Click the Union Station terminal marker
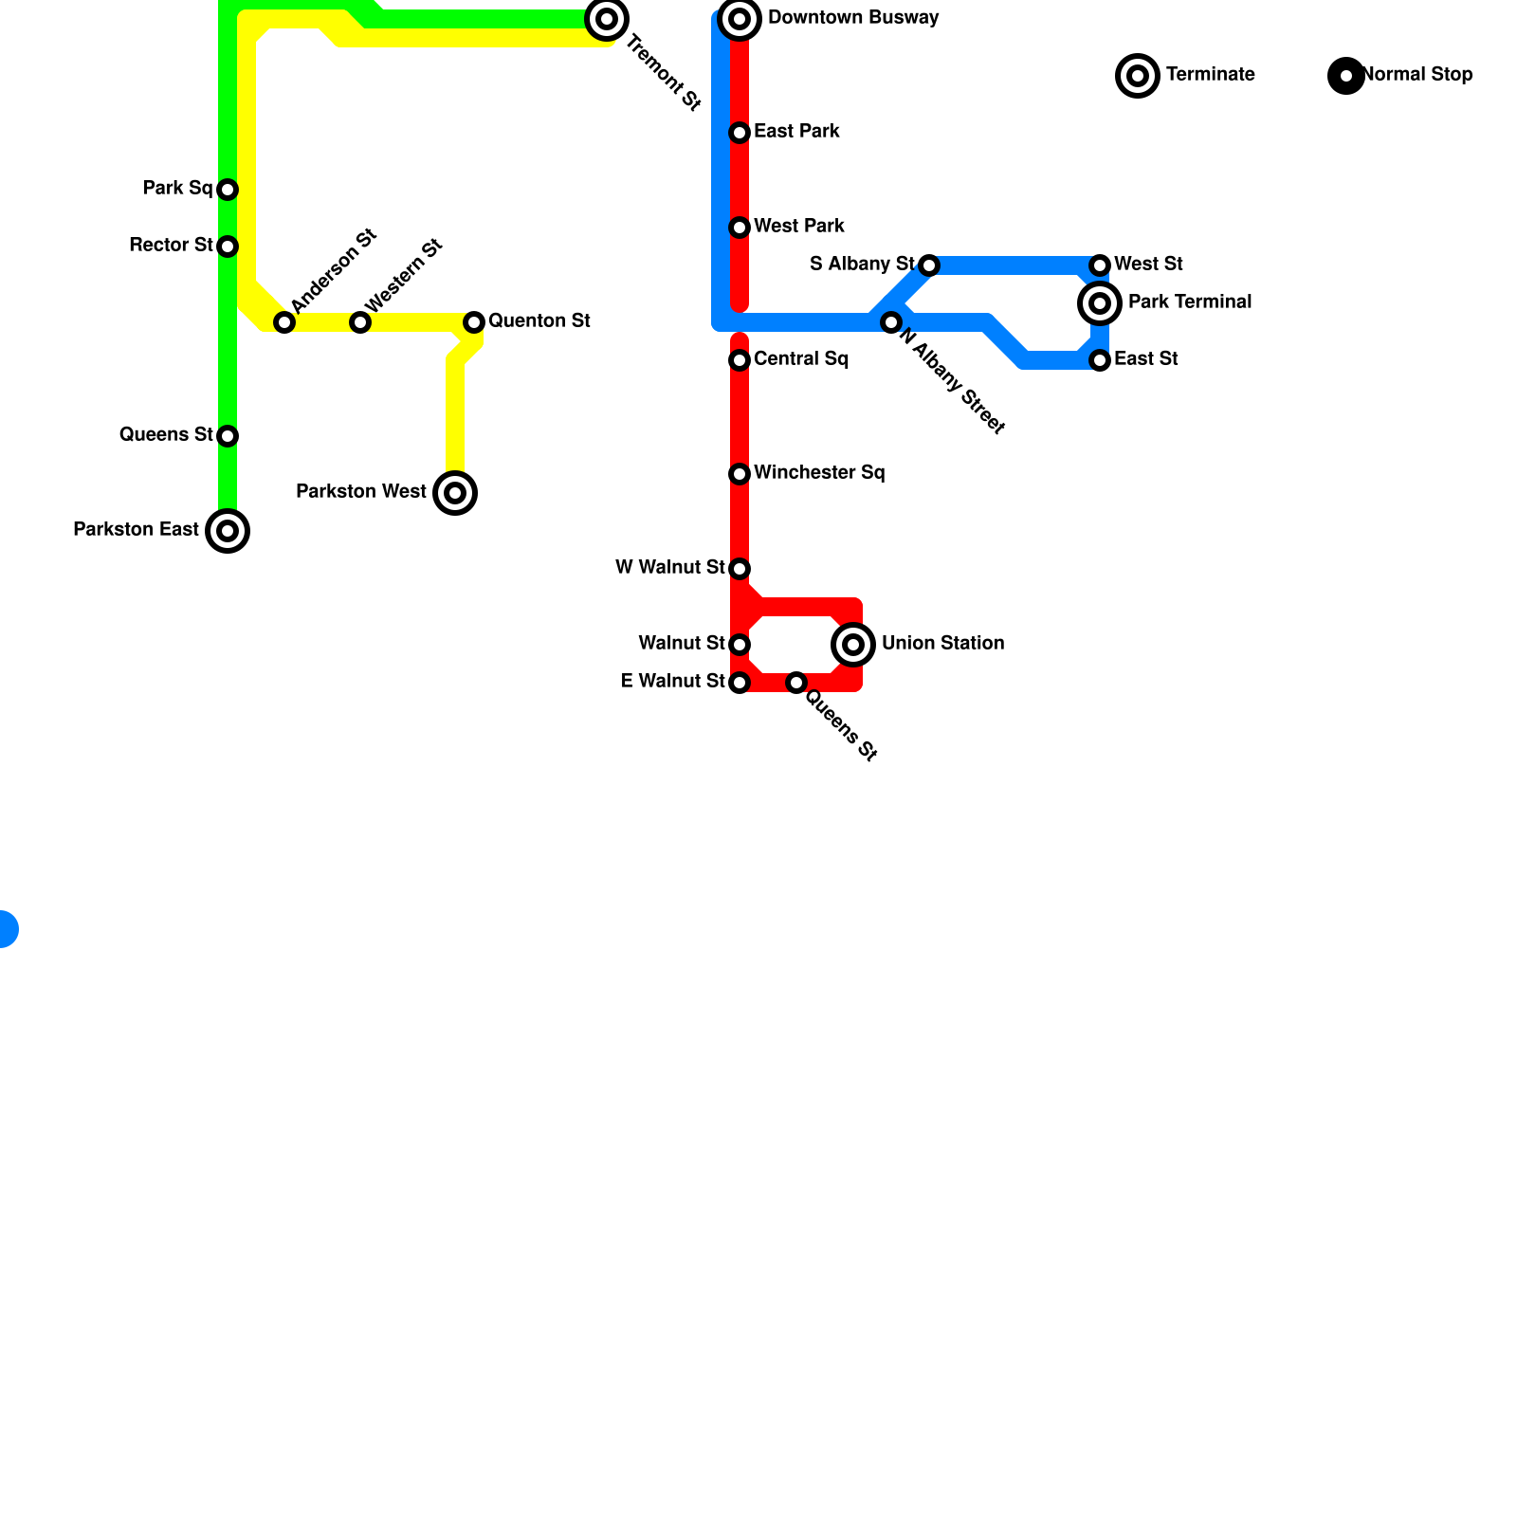(853, 645)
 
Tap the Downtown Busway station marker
(740, 19)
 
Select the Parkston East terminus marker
(228, 531)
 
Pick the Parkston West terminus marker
(455, 493)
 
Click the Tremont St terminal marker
(607, 19)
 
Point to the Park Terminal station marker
(1100, 303)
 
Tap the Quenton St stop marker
(474, 322)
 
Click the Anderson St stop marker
(284, 322)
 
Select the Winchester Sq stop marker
(740, 474)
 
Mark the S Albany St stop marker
(929, 265)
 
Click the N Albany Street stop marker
(890, 322)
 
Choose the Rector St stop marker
(228, 247)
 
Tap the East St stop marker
(1100, 360)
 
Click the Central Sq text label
(801, 359)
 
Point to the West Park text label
(799, 227)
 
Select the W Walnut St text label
(669, 568)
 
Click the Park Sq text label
(177, 189)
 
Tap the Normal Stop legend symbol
(1346, 76)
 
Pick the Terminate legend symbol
(1138, 76)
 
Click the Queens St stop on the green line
(228, 436)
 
